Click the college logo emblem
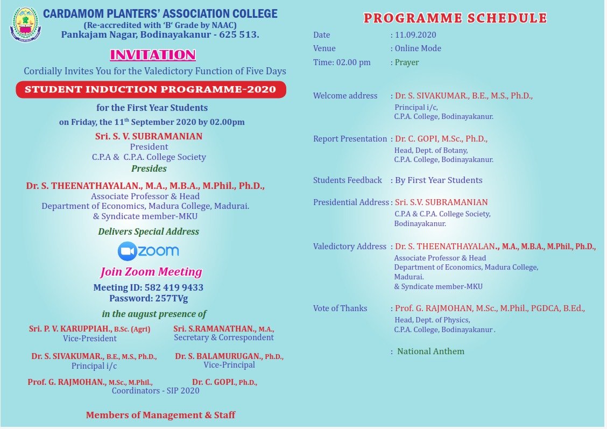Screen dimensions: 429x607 tap(25, 24)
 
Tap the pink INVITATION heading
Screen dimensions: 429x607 tap(153, 55)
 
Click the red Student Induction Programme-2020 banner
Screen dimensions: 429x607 tap(151, 89)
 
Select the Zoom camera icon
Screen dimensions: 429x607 tap(128, 251)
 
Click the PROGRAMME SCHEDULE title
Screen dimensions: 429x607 tap(455, 18)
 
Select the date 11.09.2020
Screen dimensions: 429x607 tap(415, 35)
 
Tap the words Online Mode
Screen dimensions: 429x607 tap(418, 48)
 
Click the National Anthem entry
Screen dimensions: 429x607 tap(430, 351)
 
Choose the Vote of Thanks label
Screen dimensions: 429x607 tap(340, 308)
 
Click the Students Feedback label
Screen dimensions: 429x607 tap(348, 180)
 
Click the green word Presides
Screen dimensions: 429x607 tap(149, 168)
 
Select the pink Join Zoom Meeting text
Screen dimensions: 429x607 tap(151, 272)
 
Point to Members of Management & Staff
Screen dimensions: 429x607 tap(160, 415)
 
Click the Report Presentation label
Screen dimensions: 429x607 tap(350, 139)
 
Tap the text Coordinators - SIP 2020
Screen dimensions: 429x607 tap(156, 391)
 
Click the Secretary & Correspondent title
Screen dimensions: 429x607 tap(224, 337)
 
